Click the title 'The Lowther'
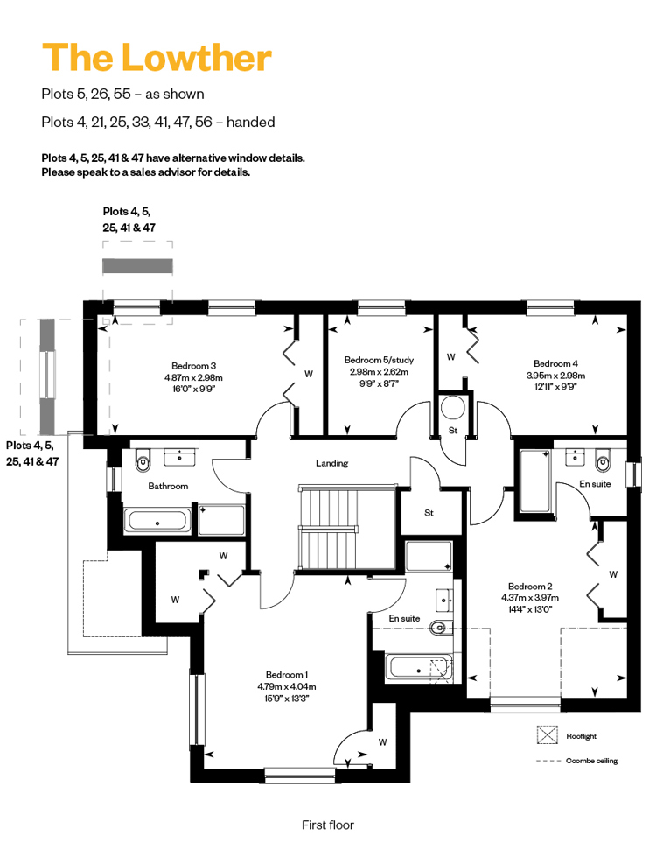pos(157,57)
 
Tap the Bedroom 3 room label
pos(193,366)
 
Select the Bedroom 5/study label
pos(379,360)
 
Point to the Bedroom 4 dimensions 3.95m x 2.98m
pos(555,376)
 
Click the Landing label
pos(332,463)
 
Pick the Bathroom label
pos(168,486)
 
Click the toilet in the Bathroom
pos(143,460)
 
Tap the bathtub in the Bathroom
pos(157,521)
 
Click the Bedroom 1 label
pos(287,675)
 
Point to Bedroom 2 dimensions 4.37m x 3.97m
pos(530,597)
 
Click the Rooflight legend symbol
pos(548,735)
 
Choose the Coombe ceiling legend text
pos(591,761)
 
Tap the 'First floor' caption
pos(328,825)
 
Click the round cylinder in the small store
pos(453,408)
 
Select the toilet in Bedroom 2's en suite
pos(603,460)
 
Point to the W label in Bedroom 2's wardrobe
pos(613,574)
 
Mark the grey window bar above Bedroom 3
pos(137,266)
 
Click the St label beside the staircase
pos(429,513)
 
